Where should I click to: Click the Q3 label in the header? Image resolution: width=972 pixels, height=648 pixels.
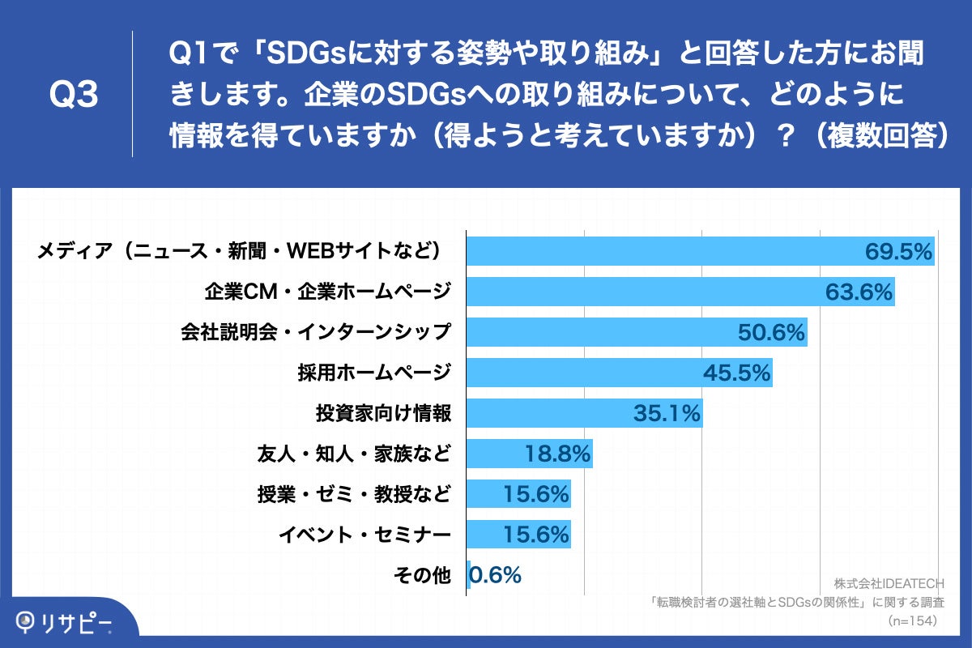click(x=74, y=95)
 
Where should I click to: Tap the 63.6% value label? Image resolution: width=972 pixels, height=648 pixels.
click(x=859, y=292)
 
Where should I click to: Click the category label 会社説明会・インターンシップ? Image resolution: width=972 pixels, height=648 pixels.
click(x=314, y=332)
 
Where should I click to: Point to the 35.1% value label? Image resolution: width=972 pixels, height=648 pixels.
click(x=666, y=413)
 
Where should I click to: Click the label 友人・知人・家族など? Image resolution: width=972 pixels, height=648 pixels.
click(x=352, y=454)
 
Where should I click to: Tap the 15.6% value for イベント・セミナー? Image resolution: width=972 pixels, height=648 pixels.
click(x=535, y=535)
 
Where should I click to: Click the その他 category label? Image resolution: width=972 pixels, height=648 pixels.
click(x=421, y=575)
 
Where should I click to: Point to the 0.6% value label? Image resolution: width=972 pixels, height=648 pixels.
click(x=496, y=575)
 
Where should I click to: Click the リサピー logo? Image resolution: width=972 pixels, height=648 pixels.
click(x=65, y=622)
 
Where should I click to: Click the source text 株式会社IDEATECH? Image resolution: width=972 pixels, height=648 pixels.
click(x=889, y=584)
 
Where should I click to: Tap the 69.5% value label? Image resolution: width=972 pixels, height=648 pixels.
click(x=899, y=251)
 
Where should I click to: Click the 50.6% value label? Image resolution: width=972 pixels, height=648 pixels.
click(x=771, y=332)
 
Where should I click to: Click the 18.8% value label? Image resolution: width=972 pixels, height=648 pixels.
click(x=557, y=454)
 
